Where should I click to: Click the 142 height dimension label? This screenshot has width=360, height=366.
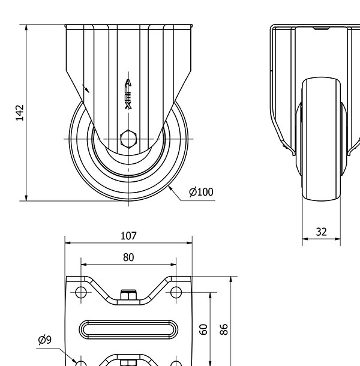click(20, 113)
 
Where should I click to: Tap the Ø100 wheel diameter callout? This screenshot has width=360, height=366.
click(201, 192)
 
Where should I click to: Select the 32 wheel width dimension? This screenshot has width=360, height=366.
click(321, 232)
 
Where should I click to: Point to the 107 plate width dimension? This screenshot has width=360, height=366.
click(128, 236)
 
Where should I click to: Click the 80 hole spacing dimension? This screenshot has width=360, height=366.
click(128, 257)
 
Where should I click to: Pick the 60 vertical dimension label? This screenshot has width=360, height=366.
click(203, 329)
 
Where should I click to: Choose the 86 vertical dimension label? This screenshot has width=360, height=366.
click(224, 329)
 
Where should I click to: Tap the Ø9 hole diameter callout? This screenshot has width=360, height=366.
click(44, 340)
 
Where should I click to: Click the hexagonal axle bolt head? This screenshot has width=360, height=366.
click(128, 139)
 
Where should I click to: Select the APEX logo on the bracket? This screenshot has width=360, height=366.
click(128, 94)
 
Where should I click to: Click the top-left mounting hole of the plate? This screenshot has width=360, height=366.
click(81, 292)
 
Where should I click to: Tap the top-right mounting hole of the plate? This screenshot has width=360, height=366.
click(176, 292)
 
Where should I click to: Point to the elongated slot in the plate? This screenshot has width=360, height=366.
click(128, 329)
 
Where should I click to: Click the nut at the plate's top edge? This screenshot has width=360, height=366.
click(128, 295)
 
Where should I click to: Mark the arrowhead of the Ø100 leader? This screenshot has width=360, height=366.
click(170, 188)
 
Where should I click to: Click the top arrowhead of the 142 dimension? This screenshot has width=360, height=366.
click(26, 28)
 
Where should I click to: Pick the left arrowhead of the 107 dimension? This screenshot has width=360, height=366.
click(68, 243)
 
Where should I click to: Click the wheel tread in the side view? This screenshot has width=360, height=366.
click(321, 139)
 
